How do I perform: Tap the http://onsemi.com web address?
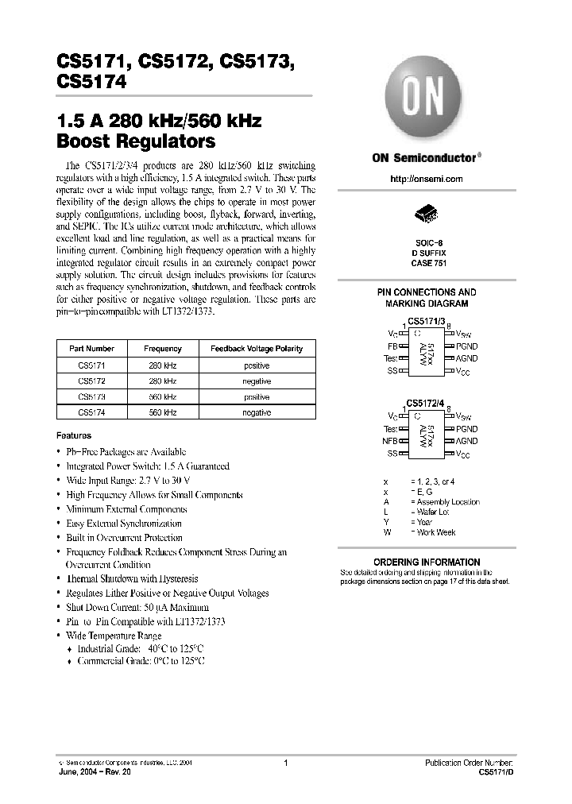[x=426, y=179]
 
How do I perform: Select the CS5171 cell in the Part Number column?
[x=91, y=365]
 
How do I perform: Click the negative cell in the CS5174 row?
[x=256, y=412]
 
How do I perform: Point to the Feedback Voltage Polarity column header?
[x=256, y=349]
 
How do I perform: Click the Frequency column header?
[x=162, y=349]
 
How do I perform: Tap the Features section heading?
[x=74, y=435]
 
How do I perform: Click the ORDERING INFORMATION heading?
[x=426, y=562]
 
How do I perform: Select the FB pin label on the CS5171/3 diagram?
[x=392, y=347]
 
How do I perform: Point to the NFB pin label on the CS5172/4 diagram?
[x=390, y=441]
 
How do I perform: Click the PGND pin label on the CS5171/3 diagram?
[x=466, y=347]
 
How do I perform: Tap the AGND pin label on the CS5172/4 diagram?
[x=466, y=441]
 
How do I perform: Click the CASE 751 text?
[x=426, y=262]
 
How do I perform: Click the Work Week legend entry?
[x=435, y=532]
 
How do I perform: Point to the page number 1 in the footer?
[x=284, y=762]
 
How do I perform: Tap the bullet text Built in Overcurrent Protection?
[x=125, y=538]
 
